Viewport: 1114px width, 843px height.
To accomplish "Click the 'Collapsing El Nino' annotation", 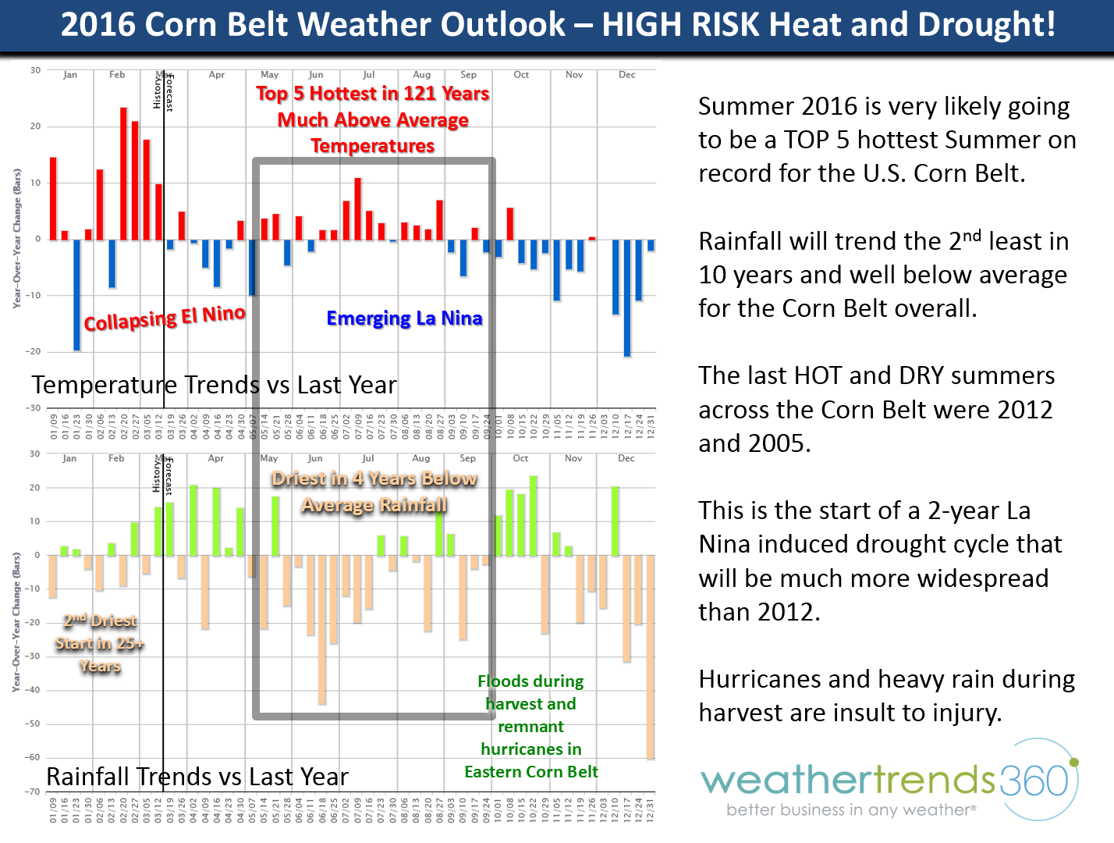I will pyautogui.click(x=165, y=318).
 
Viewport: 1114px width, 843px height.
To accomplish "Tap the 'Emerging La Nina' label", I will pyautogui.click(x=404, y=318).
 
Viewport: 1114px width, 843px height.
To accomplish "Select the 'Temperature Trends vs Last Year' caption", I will pyautogui.click(x=215, y=385).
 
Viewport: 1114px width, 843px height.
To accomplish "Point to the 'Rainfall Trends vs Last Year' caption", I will pyautogui.click(x=197, y=777).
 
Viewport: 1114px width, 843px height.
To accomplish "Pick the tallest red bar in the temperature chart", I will pyautogui.click(x=123, y=173).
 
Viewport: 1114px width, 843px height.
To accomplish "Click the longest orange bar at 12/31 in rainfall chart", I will pyautogui.click(x=651, y=656).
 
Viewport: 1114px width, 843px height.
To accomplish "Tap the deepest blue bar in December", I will pyautogui.click(x=627, y=297).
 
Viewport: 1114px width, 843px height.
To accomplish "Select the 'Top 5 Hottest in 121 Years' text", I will pyautogui.click(x=373, y=94).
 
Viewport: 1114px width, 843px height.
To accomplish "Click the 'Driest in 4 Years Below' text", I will pyautogui.click(x=374, y=478).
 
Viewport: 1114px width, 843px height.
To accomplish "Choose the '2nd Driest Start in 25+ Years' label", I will pyautogui.click(x=100, y=643).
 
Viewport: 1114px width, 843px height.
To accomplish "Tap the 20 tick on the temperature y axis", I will pyautogui.click(x=35, y=126).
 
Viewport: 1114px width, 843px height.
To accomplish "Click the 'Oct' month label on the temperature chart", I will pyautogui.click(x=521, y=75).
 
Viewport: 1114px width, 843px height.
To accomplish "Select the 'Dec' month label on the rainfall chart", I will pyautogui.click(x=626, y=458).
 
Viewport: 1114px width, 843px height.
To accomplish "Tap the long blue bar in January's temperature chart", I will pyautogui.click(x=76, y=295).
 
